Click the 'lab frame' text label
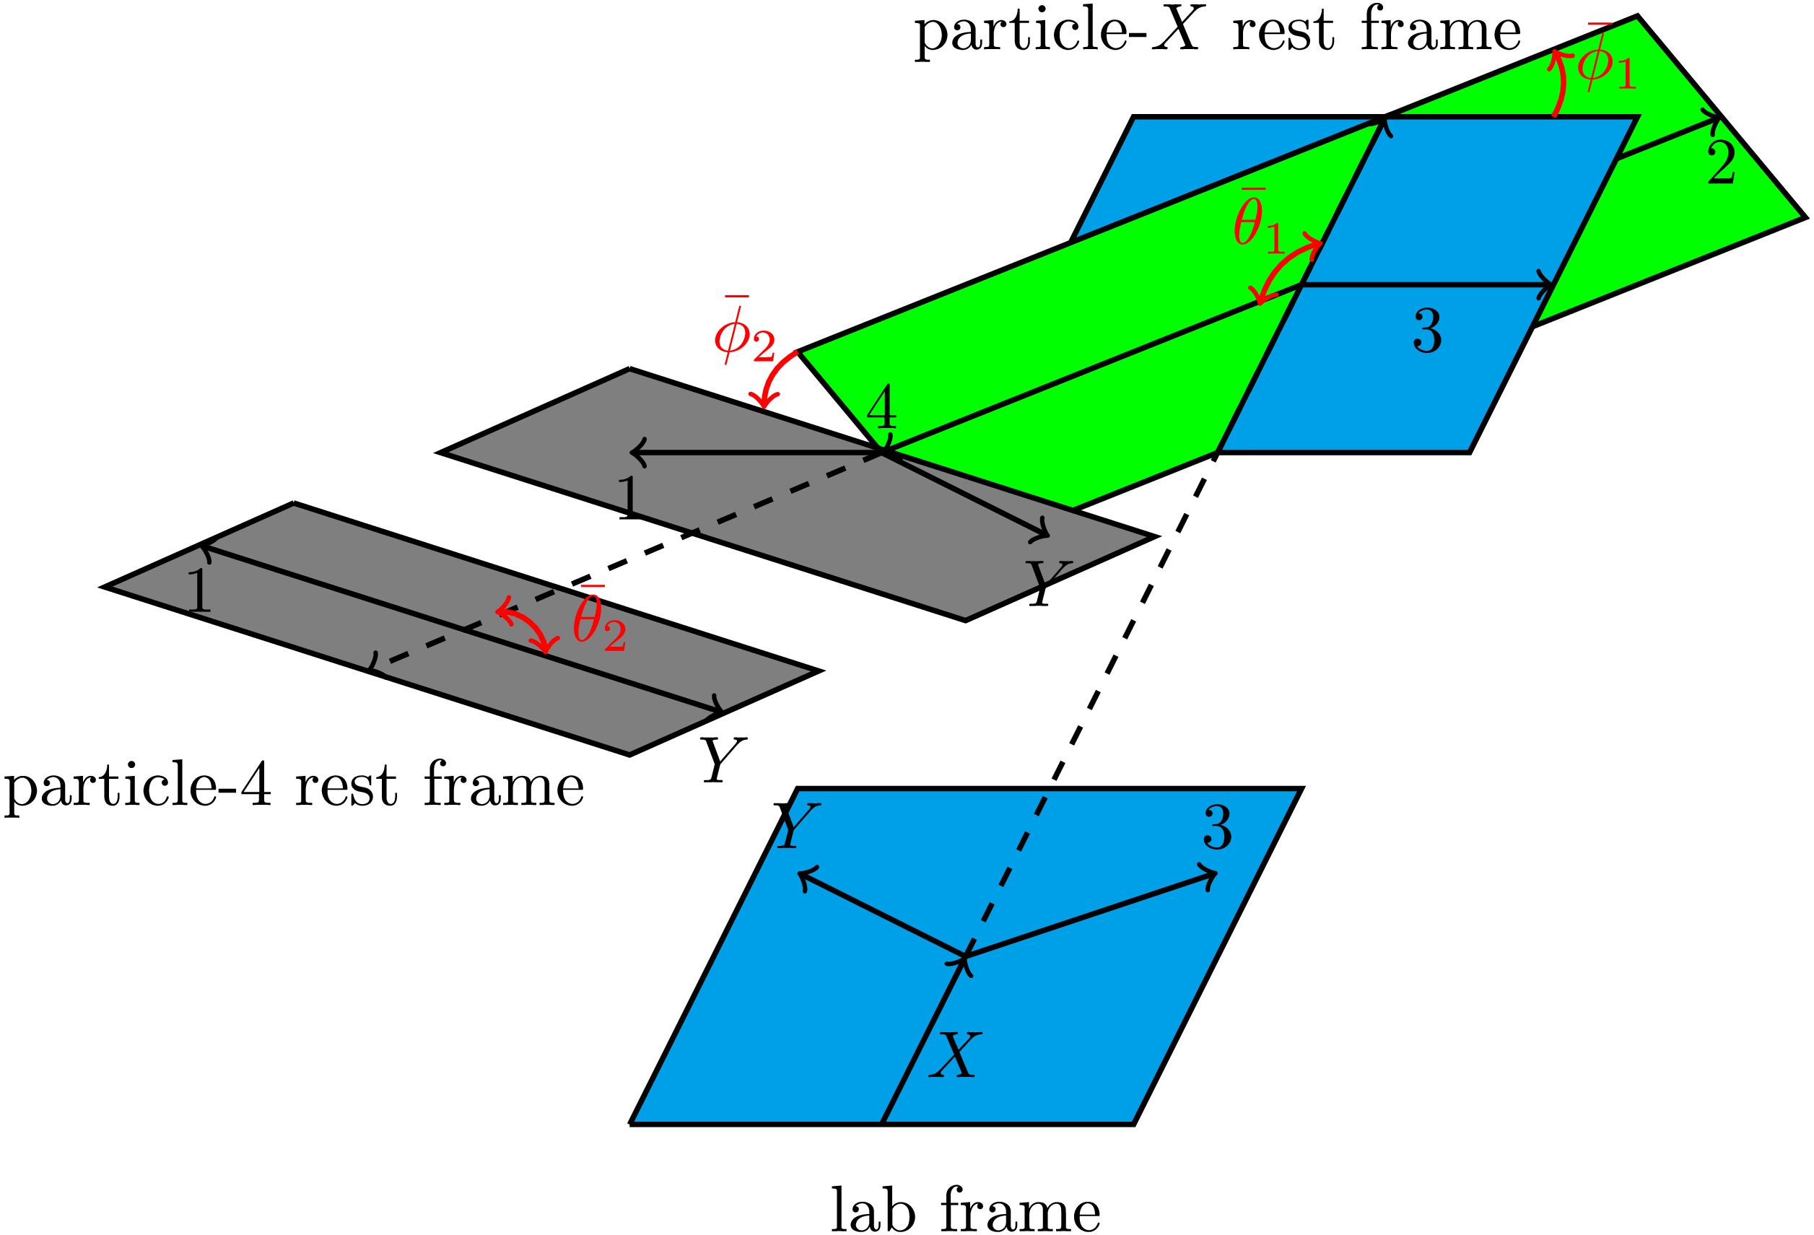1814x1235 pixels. (x=965, y=1209)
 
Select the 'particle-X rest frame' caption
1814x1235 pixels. (x=1218, y=32)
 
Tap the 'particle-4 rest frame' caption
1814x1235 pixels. (x=294, y=787)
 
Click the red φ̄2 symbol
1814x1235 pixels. (x=744, y=330)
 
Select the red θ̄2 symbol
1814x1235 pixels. (x=599, y=619)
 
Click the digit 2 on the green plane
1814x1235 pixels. (x=1720, y=162)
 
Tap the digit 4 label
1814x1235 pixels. (x=881, y=408)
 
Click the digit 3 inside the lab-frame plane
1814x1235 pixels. (x=1218, y=827)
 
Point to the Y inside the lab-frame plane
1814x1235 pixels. (x=796, y=826)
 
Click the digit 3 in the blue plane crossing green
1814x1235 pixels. (x=1427, y=331)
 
